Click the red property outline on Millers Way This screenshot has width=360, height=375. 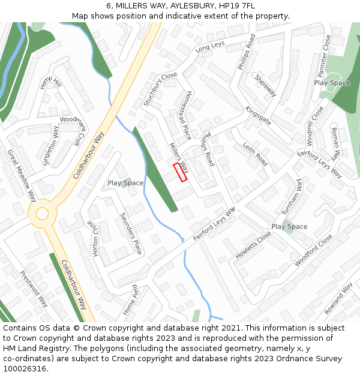tap(180, 172)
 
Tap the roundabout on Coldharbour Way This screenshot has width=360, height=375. tap(42, 212)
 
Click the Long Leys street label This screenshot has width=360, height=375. tap(210, 46)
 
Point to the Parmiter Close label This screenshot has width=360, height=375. tap(325, 52)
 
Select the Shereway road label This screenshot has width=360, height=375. tap(265, 85)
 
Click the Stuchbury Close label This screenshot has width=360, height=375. tap(160, 89)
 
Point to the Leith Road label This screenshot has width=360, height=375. tap(255, 154)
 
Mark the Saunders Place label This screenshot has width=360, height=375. tap(131, 233)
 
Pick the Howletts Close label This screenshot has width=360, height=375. tap(253, 245)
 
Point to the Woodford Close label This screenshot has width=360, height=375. tap(313, 250)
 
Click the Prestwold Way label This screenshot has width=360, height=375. tap(34, 289)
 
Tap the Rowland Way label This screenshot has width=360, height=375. tap(338, 298)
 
